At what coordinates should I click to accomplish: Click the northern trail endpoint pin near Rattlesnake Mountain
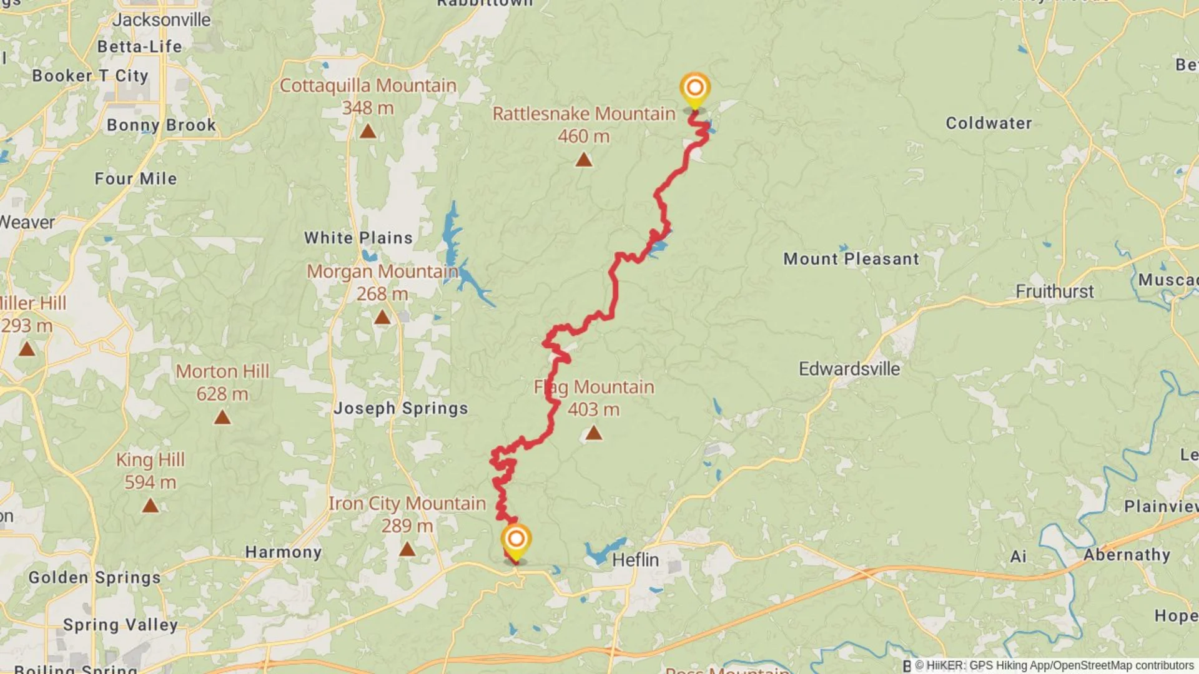[694, 89]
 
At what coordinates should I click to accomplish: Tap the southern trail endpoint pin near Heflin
[516, 540]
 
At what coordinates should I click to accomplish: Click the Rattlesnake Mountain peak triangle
[583, 160]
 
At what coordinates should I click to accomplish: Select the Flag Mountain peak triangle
[593, 432]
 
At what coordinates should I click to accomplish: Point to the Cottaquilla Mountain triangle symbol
[368, 132]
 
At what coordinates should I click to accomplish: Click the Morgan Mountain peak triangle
[382, 318]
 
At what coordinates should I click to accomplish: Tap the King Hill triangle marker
[150, 506]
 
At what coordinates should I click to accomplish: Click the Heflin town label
[635, 560]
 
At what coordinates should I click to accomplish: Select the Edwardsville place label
[849, 369]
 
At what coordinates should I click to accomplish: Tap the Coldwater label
[989, 123]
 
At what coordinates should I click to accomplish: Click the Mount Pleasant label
[851, 259]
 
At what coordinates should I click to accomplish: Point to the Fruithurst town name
[1054, 291]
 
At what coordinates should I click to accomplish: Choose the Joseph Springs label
[400, 408]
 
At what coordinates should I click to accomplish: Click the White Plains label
[358, 238]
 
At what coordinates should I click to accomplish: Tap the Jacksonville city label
[161, 20]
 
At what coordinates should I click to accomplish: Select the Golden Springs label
[94, 577]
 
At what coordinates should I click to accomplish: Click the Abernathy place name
[1127, 555]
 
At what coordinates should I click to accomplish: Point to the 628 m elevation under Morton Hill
[222, 394]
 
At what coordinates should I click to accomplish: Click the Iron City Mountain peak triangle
[407, 549]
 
